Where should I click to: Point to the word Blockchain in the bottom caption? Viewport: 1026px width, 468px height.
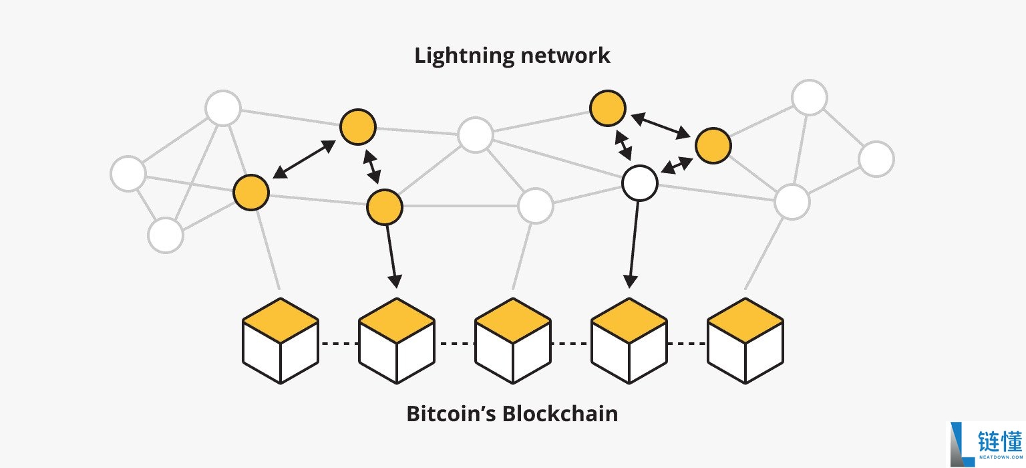point(560,414)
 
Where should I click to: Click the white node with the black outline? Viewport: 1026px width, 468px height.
point(639,183)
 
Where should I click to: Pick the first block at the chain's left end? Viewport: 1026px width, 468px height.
point(280,341)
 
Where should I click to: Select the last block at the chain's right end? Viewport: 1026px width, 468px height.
point(745,341)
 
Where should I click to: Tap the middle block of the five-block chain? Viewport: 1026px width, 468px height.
point(512,341)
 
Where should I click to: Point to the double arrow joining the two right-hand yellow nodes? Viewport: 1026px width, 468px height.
point(661,126)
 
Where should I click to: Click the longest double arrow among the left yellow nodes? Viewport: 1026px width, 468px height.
point(304,160)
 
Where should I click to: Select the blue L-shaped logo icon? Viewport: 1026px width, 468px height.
point(961,444)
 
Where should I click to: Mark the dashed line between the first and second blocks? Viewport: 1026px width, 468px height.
point(339,344)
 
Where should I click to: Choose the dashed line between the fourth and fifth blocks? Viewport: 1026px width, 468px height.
point(687,344)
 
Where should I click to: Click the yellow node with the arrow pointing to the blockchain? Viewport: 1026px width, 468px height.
point(384,207)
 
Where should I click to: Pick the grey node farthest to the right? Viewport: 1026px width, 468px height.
point(876,159)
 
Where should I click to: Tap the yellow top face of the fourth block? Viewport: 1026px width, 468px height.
point(629,320)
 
